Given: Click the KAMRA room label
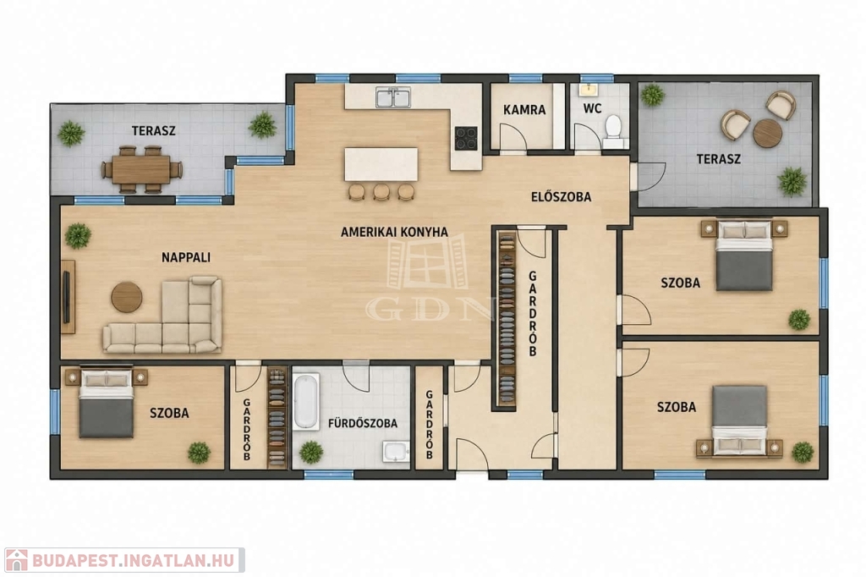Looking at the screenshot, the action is pos(524,109).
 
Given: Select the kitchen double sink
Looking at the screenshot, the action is pos(393,97).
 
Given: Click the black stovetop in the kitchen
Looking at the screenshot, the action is pos(466,138).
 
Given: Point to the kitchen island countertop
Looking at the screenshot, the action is pos(381,164).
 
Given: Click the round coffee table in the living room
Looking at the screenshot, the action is pos(127,297).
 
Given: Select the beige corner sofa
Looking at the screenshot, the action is pos(162,315).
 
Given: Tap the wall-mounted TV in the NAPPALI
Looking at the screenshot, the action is pos(67,297).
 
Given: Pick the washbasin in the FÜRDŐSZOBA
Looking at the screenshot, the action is pos(396,452).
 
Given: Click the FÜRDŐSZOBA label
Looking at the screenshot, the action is pos(363,424).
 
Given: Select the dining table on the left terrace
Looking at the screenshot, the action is pos(141,170).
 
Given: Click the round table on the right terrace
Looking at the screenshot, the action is pos(768,133).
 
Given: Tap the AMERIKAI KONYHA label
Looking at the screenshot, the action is pos(394,232).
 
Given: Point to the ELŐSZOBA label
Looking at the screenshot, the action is pos(562,197).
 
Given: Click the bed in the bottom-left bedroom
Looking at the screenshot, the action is pos(106,404).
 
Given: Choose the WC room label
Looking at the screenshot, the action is pos(592,108).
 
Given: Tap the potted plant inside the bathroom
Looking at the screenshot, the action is pos(311,452).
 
